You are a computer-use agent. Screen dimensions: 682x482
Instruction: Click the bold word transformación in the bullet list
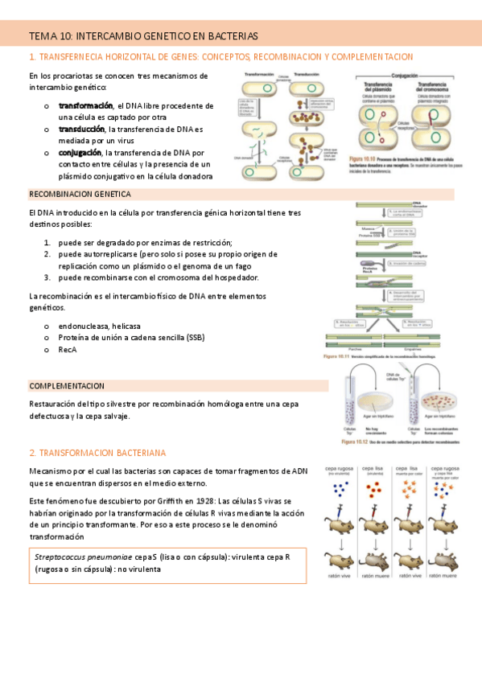pyautogui.click(x=86, y=105)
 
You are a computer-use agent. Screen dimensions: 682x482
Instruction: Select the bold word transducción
pyautogui.click(x=81, y=129)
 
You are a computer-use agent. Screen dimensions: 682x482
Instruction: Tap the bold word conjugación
pyautogui.click(x=80, y=152)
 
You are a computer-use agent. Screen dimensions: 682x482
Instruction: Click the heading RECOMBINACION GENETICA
pyautogui.click(x=80, y=195)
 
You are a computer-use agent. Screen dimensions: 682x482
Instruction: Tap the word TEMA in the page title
pyautogui.click(x=39, y=36)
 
